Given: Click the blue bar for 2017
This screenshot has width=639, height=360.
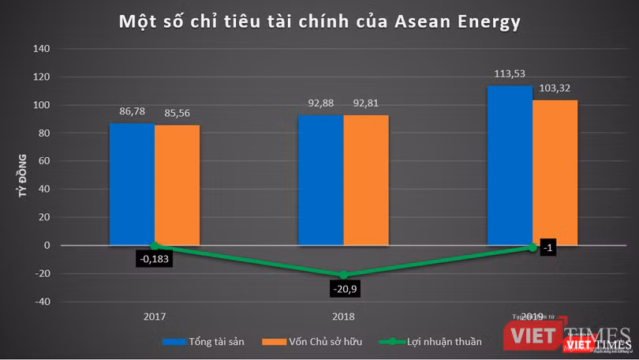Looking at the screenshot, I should [132, 184].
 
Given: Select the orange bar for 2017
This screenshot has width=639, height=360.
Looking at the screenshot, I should [177, 185].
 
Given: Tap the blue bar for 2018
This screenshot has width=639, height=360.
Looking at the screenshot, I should [320, 180].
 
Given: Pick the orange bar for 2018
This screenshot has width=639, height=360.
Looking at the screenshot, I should [366, 180].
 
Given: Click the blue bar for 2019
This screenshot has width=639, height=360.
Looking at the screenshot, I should [510, 165].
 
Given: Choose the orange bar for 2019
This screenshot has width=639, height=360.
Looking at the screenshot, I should [555, 172].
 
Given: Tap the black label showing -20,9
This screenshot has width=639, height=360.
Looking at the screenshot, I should [343, 290].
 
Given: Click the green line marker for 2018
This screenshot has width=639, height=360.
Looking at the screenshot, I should [343, 275].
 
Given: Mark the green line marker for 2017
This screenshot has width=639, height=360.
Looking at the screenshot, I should [154, 246].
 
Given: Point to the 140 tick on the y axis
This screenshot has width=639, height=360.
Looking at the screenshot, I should [40, 49].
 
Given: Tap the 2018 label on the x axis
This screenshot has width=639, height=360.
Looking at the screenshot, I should [343, 316].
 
